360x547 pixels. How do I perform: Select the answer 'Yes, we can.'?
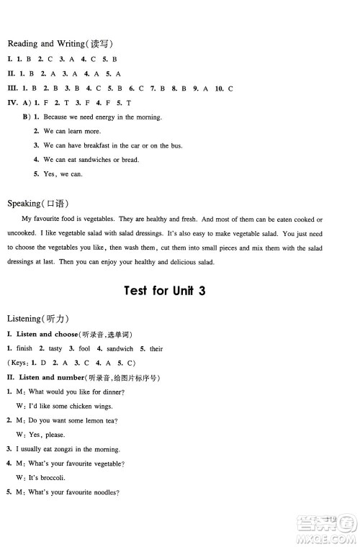(63, 174)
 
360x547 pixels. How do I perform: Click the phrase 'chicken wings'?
(104, 406)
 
